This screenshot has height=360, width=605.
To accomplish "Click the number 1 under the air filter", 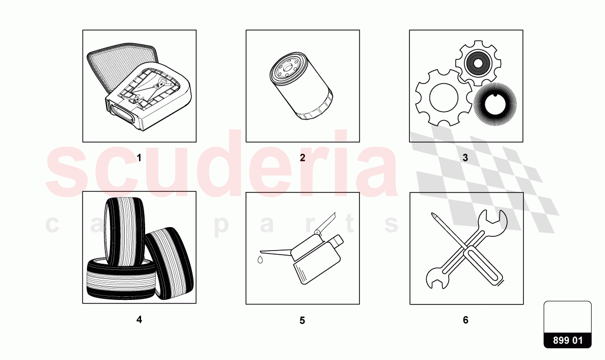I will [139, 158].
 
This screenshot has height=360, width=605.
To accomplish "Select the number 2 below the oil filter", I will [302, 158].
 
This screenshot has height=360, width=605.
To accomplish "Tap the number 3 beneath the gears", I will [465, 158].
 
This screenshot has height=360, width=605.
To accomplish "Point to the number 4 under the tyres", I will [139, 320].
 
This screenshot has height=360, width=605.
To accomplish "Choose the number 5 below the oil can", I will [302, 321].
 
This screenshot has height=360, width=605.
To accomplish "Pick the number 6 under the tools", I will [465, 320].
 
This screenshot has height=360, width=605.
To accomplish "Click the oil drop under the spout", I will [260, 260].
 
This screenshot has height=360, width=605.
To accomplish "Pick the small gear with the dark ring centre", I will [478, 64].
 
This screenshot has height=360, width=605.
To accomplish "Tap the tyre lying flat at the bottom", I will [120, 280].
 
